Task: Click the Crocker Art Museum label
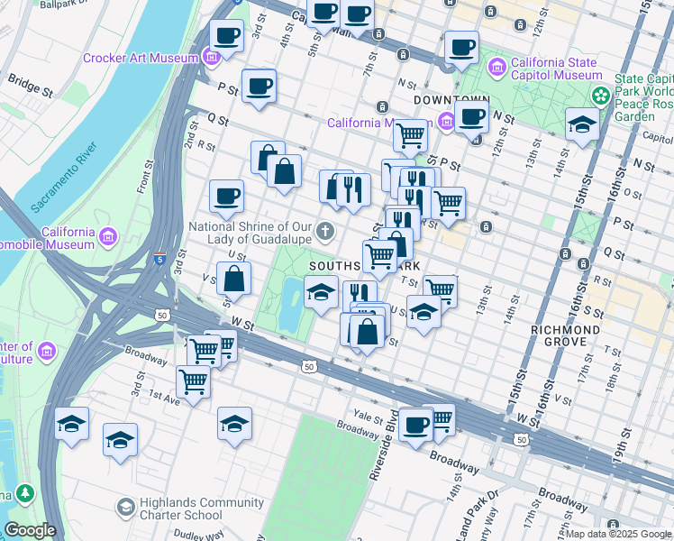[140, 59]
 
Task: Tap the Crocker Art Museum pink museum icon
[212, 59]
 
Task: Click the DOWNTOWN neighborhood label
[451, 99]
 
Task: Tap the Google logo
[30, 530]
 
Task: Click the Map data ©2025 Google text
[618, 534]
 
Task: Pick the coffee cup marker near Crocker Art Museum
[227, 37]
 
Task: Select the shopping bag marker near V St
[233, 280]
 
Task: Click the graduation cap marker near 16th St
[582, 124]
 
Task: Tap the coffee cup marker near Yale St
[415, 425]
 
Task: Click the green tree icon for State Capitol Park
[598, 95]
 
